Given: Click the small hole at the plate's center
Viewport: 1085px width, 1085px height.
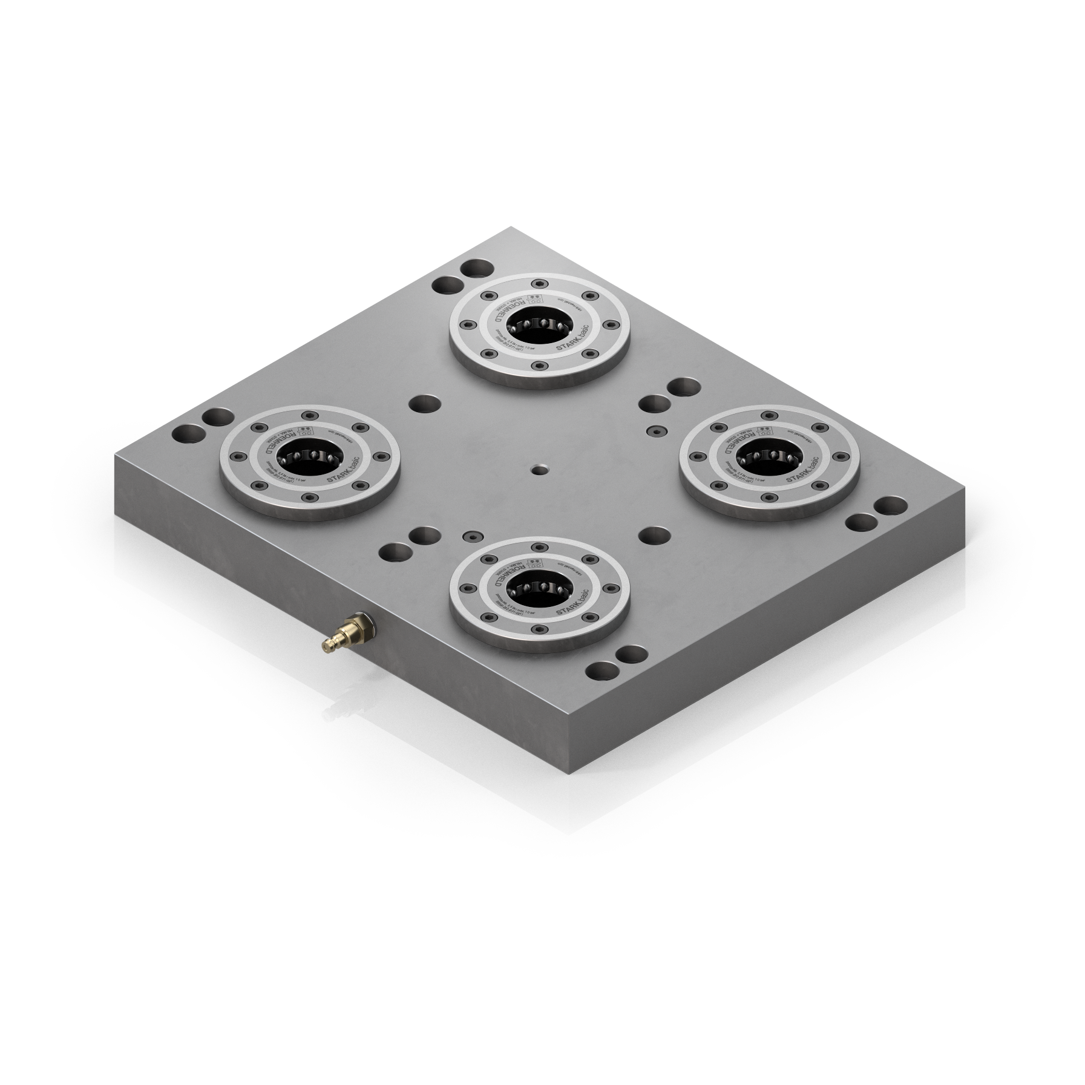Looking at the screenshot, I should [538, 469].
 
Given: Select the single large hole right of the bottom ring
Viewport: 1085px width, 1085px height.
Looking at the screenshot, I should [655, 536].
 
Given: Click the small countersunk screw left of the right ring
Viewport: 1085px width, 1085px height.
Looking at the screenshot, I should [655, 429].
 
